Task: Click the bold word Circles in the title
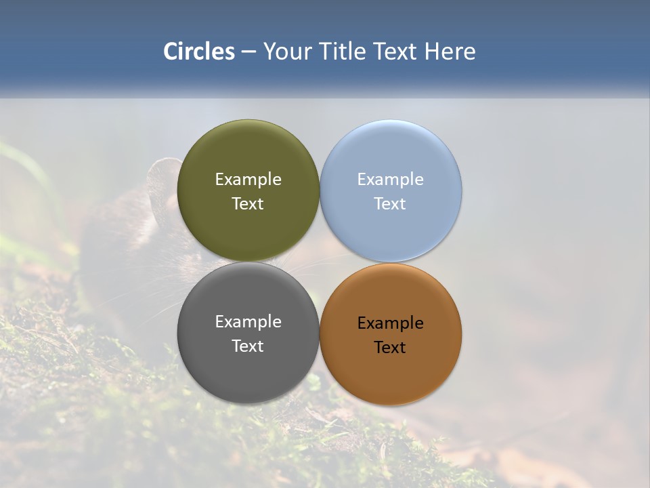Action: coord(199,52)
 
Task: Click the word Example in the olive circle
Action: coord(248,180)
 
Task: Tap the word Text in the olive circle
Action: coord(248,204)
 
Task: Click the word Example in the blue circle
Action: coord(390,180)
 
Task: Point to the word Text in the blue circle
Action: coord(390,204)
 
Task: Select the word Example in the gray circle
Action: coord(248,322)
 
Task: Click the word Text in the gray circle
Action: coord(248,346)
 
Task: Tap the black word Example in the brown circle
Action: coord(390,323)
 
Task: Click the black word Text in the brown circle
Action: coord(390,348)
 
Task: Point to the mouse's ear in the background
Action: coord(162,183)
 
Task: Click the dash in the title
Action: coord(248,52)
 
